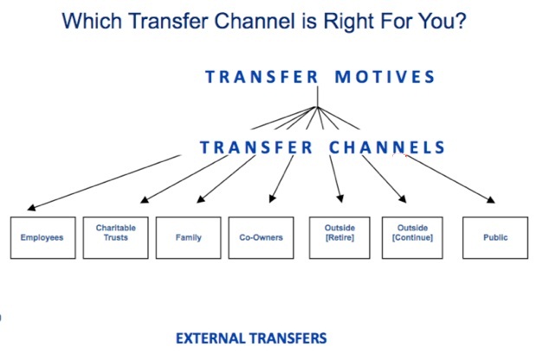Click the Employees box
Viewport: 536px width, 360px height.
pos(43,238)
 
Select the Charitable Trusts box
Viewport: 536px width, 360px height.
pos(115,238)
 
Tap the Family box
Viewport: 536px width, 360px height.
pos(189,238)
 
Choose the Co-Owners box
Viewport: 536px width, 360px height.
pos(261,238)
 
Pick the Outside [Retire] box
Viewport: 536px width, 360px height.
pos(339,238)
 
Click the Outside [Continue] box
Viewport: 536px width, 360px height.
pos(412,238)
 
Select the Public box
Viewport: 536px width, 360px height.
pos(495,238)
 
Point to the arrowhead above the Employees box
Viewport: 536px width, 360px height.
pos(31,208)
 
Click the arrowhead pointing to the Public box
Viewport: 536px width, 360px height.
pos(490,200)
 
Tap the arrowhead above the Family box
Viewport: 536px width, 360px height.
pos(201,199)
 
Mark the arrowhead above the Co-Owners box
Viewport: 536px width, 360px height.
pos(272,199)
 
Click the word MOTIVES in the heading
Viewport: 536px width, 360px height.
pos(384,77)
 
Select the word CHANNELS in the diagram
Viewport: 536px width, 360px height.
pos(386,148)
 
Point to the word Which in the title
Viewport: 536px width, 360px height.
pos(92,21)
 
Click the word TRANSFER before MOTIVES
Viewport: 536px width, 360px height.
pos(262,77)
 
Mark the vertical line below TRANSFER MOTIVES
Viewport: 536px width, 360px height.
pos(318,97)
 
